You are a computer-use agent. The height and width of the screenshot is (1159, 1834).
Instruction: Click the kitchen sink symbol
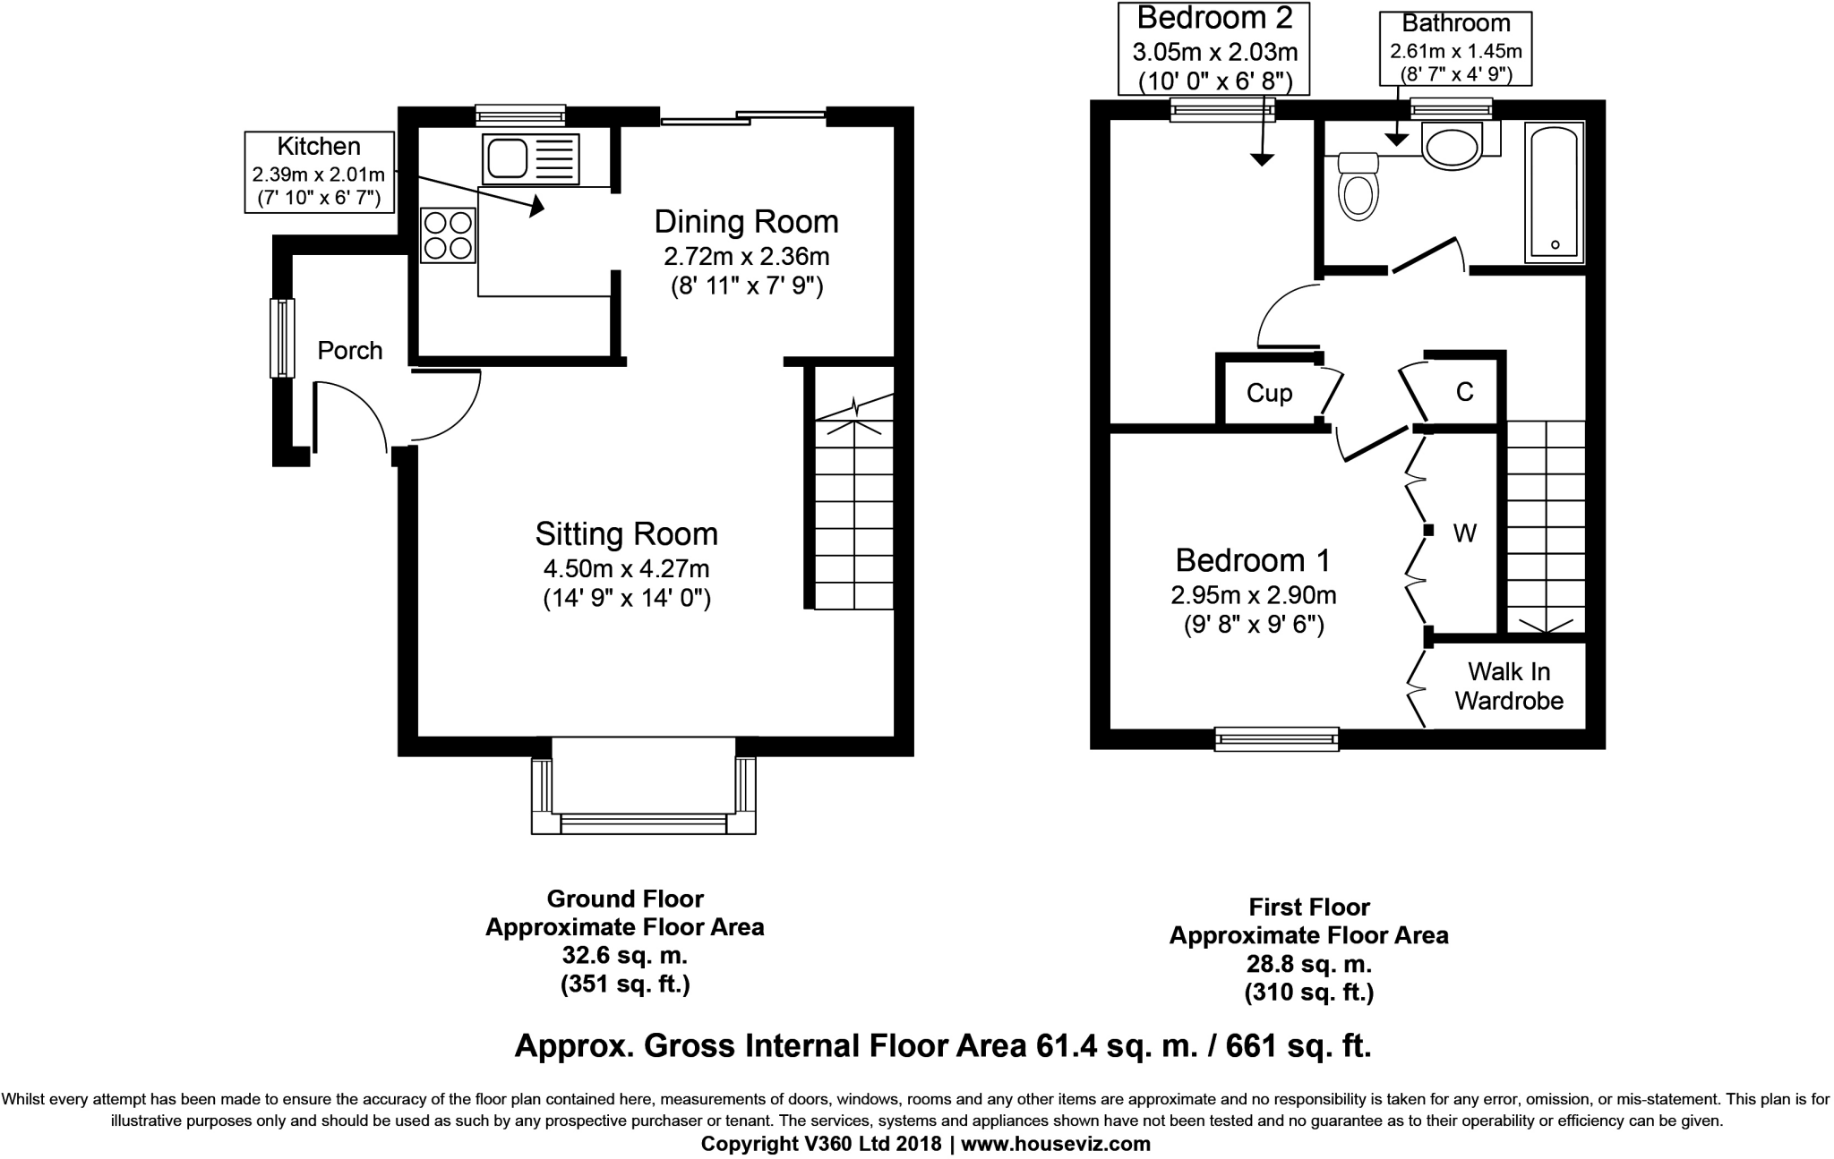coord(530,158)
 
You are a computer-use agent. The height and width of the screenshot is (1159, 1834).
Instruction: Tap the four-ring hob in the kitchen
coord(448,234)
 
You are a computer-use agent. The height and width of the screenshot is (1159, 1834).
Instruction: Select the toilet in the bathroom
coord(1358,185)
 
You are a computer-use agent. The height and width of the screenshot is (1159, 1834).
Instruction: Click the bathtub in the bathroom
coord(1555,192)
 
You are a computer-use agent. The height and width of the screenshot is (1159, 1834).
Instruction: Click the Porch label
coord(350,351)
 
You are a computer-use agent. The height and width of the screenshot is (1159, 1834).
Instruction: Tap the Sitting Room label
coord(627,534)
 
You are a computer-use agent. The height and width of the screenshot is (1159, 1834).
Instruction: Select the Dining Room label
coord(747,221)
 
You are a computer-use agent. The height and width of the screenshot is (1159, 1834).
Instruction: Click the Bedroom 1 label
coord(1253,560)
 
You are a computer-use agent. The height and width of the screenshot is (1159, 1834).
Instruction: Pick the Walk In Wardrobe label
coord(1509,686)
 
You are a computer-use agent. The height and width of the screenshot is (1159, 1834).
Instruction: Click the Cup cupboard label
coord(1270,394)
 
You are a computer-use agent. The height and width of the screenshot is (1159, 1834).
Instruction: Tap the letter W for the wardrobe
coord(1465,533)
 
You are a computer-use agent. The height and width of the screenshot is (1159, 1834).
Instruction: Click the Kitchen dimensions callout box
coord(320,172)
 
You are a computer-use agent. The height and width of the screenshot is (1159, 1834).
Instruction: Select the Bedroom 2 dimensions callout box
coord(1214,47)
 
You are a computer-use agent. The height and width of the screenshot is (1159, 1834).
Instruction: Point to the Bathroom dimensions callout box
coord(1455,48)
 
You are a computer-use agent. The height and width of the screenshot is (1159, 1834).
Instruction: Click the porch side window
coord(282,337)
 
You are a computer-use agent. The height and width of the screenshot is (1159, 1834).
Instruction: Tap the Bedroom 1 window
coord(1277,738)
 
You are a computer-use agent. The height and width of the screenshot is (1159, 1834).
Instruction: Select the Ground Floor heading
coord(625,899)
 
